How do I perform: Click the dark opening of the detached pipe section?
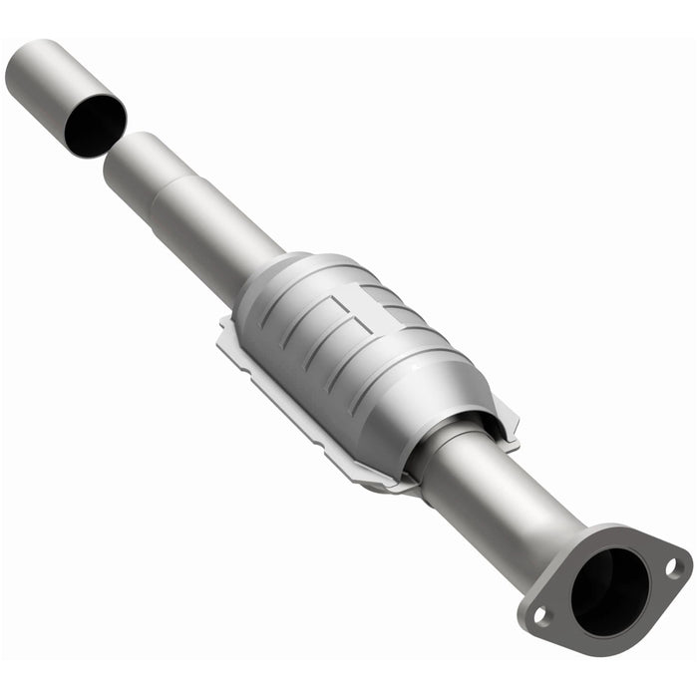(x=93, y=125)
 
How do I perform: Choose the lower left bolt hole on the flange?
(x=540, y=616)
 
